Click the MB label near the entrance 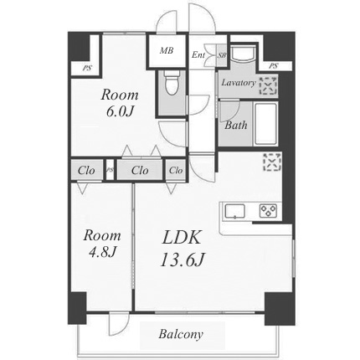pos(167,50)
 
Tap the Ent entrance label pos(198,54)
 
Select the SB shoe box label pos(222,55)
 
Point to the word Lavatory pos(239,83)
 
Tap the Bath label pos(236,125)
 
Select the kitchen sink pos(235,211)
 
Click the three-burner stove pos(268,210)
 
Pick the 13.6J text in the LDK pos(183,260)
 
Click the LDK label pos(182,238)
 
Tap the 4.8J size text pos(102,253)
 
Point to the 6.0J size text pos(120,111)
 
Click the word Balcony pos(181,334)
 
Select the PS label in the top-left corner pos(87,68)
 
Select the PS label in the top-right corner pos(274,66)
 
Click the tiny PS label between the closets pos(110,170)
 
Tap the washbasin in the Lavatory pos(243,53)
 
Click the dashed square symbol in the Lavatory pos(268,85)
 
